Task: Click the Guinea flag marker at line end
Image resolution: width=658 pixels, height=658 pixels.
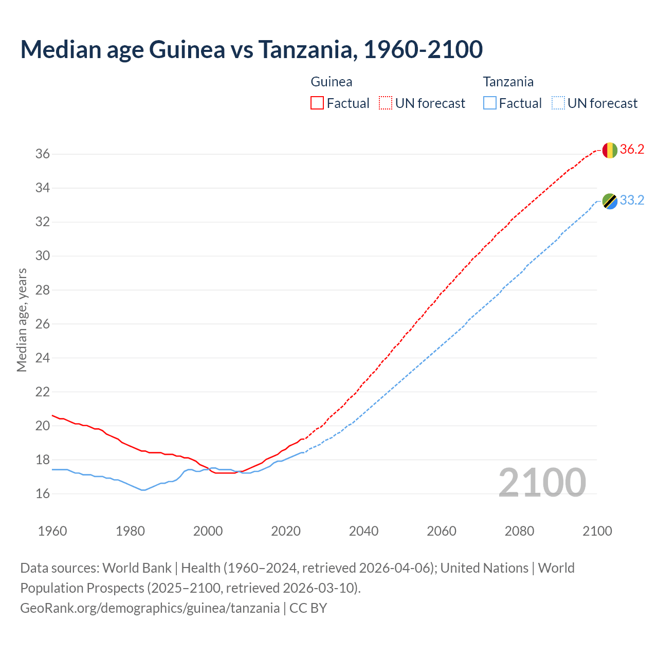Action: [x=609, y=150]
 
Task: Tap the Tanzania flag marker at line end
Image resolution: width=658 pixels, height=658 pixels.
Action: [x=609, y=201]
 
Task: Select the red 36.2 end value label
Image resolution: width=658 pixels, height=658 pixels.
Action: [x=632, y=150]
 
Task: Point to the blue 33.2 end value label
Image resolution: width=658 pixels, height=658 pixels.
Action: [x=632, y=200]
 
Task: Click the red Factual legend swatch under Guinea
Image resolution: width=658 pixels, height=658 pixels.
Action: [x=317, y=103]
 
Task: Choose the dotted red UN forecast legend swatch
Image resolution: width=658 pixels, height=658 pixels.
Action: [x=386, y=103]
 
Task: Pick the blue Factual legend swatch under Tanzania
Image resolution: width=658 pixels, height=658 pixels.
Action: [x=490, y=103]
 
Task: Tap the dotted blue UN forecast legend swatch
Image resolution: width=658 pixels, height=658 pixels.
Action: [x=558, y=103]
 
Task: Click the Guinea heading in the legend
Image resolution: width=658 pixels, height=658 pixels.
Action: [x=332, y=82]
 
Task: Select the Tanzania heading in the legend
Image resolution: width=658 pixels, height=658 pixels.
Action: [x=508, y=82]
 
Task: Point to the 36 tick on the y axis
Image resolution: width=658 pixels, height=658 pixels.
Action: [x=42, y=154]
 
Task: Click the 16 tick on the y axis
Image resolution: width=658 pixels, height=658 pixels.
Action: [x=42, y=494]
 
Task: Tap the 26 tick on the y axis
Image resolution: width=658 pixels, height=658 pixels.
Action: [x=42, y=324]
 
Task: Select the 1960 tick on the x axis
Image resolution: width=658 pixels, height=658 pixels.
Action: [x=52, y=531]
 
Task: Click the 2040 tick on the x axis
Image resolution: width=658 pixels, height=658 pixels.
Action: [x=363, y=531]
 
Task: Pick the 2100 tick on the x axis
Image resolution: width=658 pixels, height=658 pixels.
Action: [x=597, y=531]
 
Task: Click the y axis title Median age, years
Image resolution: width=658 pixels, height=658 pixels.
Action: [x=22, y=320]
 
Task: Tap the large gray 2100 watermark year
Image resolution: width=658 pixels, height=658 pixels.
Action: [x=542, y=483]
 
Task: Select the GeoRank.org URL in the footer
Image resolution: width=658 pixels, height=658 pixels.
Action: [x=150, y=608]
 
